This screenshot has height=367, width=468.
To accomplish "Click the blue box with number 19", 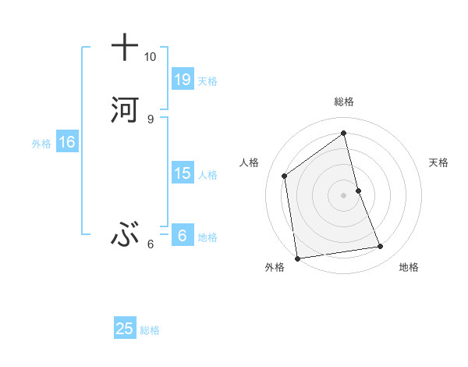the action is coord(183,79).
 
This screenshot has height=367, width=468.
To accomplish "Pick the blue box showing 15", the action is coord(183,173).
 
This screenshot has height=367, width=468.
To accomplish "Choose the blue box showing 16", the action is coord(66,142).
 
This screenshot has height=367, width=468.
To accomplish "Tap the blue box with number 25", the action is coord(125,329).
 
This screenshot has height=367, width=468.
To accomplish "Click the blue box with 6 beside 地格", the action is coord(182,236).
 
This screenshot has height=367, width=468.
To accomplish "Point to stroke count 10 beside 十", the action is coord(150,57).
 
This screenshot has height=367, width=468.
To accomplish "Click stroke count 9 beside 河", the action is coord(150,119).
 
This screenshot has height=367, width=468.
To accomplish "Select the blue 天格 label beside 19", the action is coord(207,80).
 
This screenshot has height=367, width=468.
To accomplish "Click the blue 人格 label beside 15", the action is coord(207,175).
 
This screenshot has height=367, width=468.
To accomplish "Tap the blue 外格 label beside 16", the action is coord(41,144).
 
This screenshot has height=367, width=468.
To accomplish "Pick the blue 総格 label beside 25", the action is coord(150,330).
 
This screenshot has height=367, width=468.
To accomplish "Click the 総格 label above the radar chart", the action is coord(344,102).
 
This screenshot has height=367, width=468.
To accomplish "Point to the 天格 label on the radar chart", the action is coord(438,162).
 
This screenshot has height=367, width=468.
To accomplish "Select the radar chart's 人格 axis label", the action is coord(249,162).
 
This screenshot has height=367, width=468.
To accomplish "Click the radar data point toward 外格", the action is coord(297,258).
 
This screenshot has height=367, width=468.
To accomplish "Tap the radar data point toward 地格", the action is coord(381,247).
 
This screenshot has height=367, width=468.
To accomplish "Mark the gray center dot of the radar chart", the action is coord(344,195).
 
